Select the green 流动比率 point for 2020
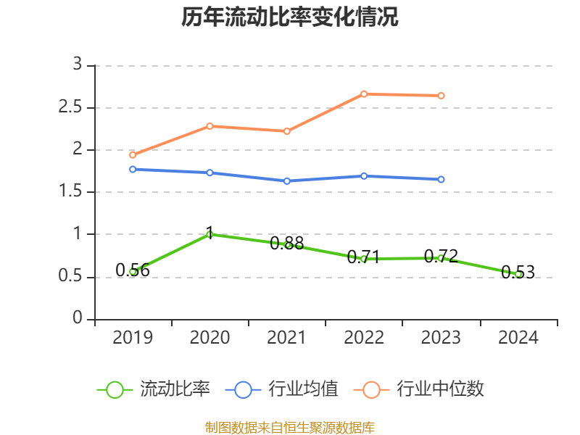(210, 234)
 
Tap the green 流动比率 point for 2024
(518, 275)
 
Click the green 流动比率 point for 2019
(133, 272)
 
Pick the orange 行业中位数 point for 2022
(364, 94)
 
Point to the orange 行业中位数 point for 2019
(133, 154)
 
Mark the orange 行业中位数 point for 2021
(287, 131)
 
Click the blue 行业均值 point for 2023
(441, 179)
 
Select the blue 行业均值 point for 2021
(287, 181)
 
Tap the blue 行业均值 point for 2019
(133, 169)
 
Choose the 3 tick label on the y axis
(78, 65)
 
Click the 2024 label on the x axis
(518, 338)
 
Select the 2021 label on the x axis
(287, 338)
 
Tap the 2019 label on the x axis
(133, 338)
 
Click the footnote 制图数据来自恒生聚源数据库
(290, 427)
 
